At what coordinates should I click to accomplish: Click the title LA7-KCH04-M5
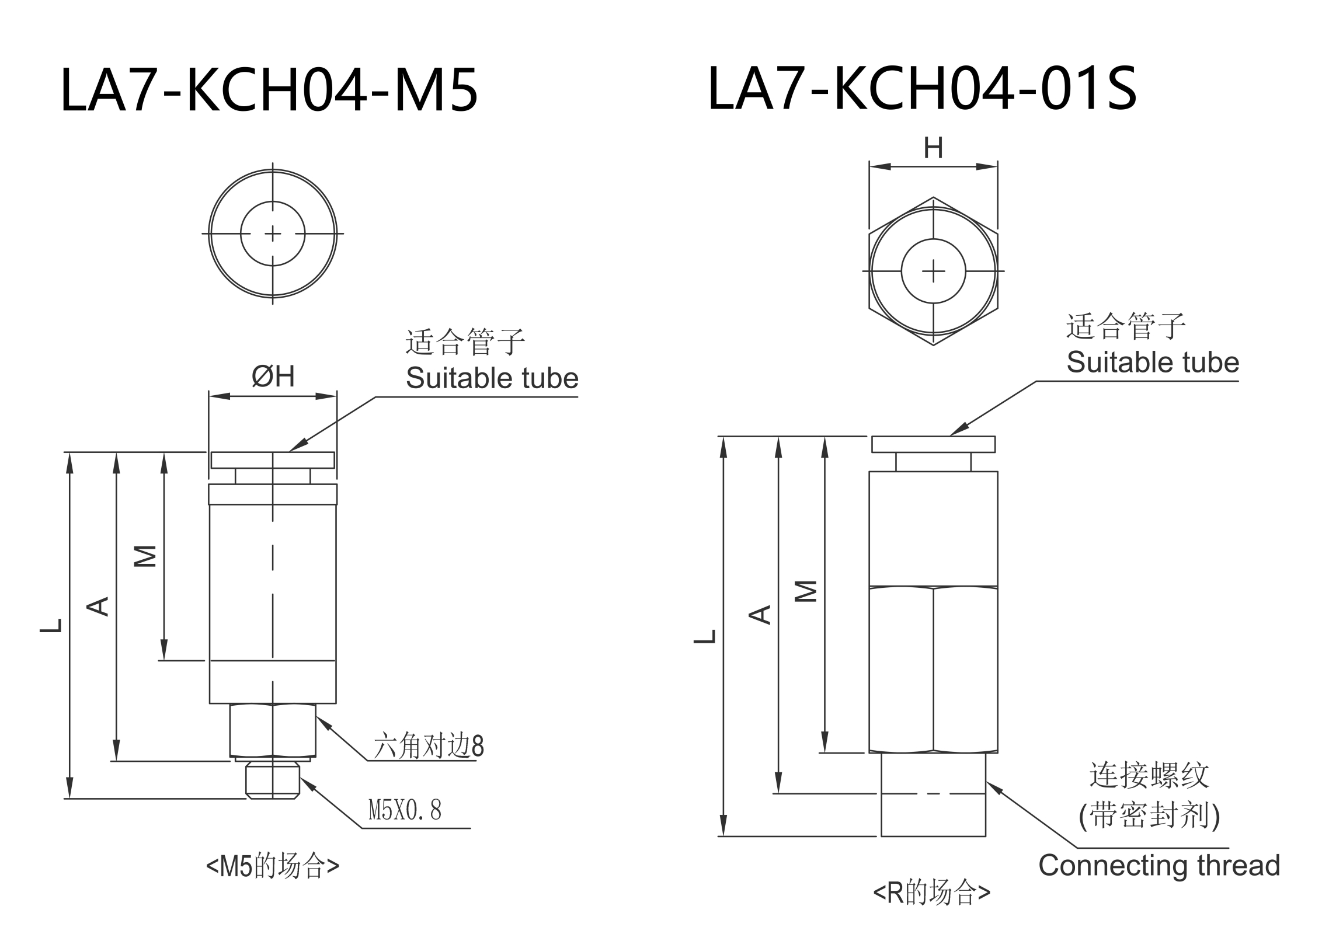[269, 90]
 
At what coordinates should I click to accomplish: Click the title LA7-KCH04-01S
[922, 88]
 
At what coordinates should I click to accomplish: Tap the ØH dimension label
[273, 377]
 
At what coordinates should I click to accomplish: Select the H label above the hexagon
[933, 148]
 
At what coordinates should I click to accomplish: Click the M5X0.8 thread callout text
[405, 810]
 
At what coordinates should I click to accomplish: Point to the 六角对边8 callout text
[429, 746]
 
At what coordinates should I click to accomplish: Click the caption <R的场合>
[932, 893]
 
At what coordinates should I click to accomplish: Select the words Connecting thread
[1159, 866]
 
